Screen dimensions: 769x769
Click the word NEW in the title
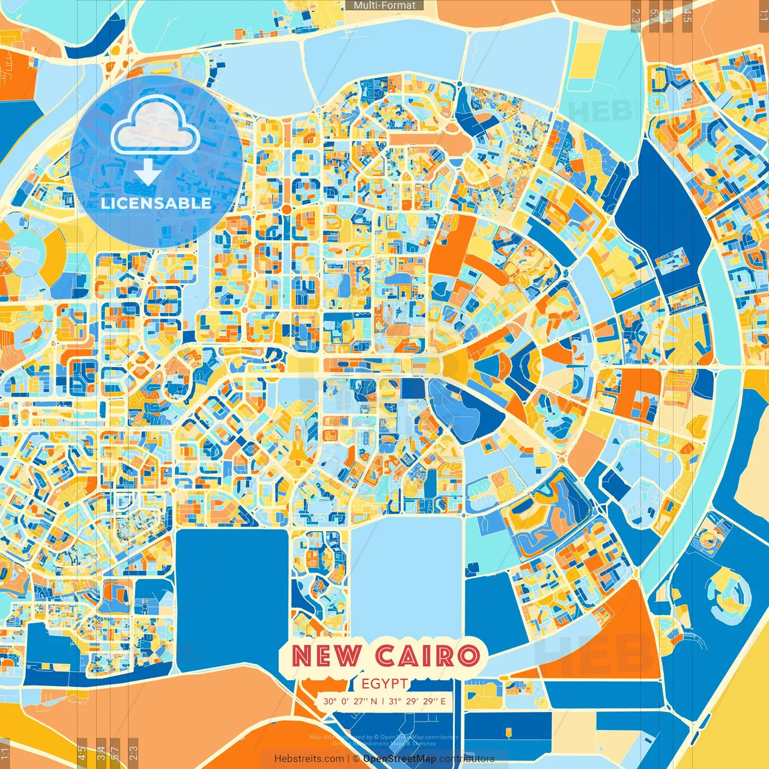click(x=327, y=656)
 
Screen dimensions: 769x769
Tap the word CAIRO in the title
click(x=428, y=656)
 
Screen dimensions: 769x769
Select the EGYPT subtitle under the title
click(x=385, y=684)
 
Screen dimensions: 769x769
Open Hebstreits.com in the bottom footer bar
click(x=309, y=759)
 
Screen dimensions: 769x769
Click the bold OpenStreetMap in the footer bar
click(x=400, y=759)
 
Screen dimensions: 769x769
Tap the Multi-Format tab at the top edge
click(x=384, y=5)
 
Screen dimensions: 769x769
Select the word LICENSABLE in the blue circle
click(x=156, y=203)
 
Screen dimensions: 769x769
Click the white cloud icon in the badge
click(x=156, y=125)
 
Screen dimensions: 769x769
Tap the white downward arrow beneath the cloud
click(x=147, y=172)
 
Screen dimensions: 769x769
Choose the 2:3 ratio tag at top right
click(x=636, y=18)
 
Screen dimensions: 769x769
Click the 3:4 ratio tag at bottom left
click(x=101, y=753)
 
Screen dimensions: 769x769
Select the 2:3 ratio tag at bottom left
click(x=133, y=753)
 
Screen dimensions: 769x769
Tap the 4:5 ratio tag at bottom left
click(x=82, y=753)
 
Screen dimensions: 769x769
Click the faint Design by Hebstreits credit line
click(x=384, y=743)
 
